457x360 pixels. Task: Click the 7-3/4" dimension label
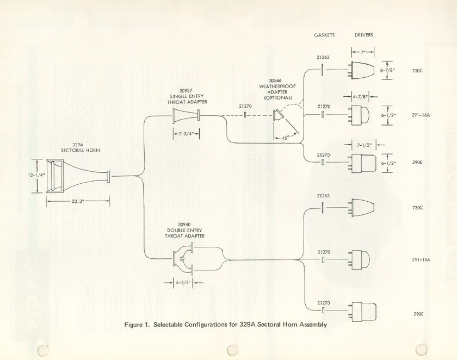pos(186,132)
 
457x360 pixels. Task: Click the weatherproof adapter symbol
pos(277,115)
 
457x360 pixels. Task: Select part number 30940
pos(186,225)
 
